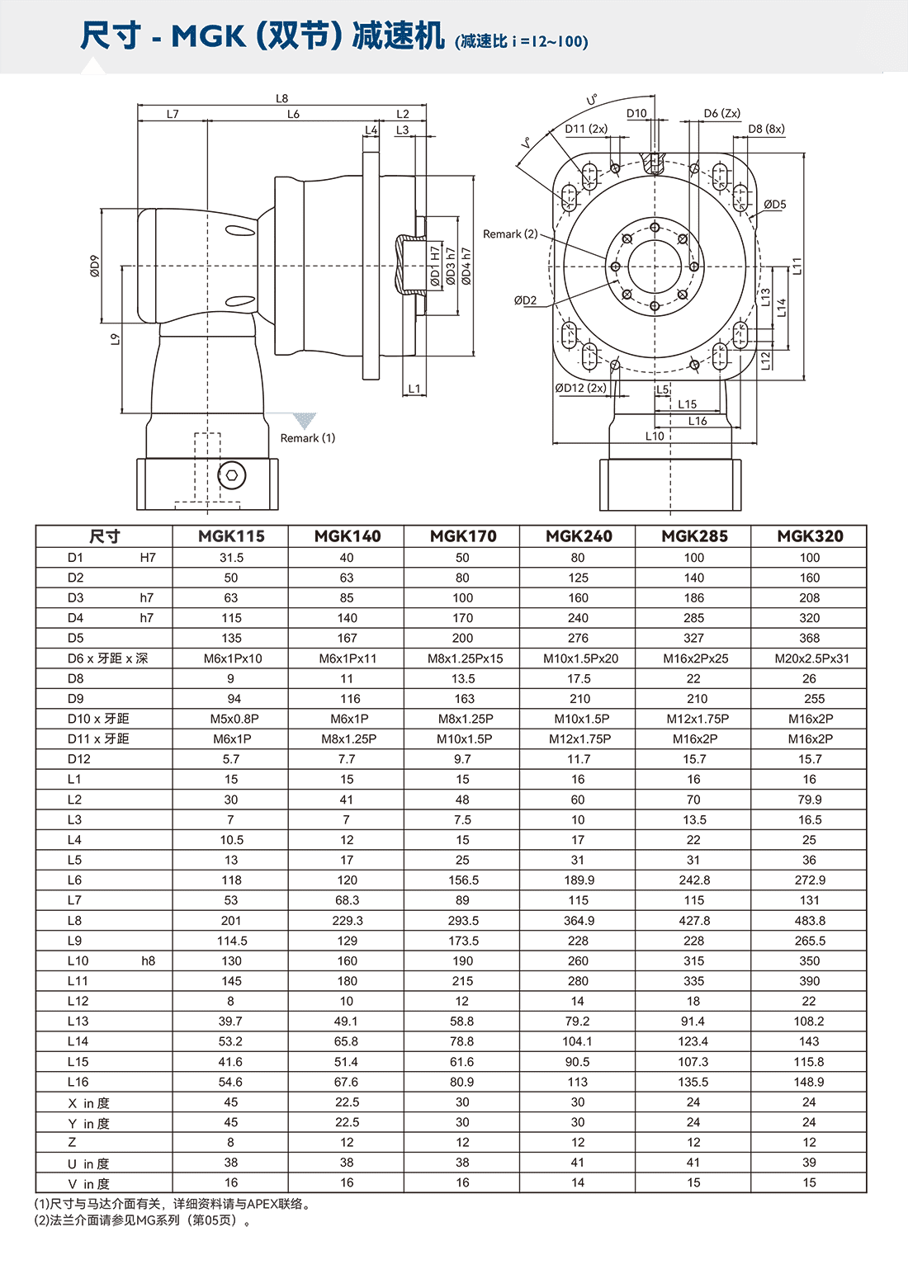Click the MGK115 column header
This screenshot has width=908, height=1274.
(231, 536)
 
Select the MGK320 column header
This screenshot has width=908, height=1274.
(810, 536)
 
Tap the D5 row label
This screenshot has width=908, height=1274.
(75, 638)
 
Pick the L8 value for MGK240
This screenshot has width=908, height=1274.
(578, 921)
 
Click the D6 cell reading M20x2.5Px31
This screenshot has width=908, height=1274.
(811, 658)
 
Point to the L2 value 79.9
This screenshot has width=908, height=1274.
(810, 800)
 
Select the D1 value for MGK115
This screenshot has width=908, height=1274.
(231, 558)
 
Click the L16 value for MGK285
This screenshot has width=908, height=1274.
(693, 1082)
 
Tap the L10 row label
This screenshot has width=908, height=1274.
(78, 960)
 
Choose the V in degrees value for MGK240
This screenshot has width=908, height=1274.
(578, 1182)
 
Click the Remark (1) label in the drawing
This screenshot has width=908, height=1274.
(307, 438)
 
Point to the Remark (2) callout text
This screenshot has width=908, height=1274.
(509, 234)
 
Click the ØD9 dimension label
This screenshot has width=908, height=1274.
(95, 266)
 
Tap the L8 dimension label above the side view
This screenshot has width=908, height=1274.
(281, 99)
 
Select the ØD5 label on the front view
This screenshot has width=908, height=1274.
(774, 205)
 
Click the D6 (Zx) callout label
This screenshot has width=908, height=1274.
(721, 114)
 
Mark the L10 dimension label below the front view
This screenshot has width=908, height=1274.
(654, 436)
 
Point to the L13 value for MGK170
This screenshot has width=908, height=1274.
(462, 1022)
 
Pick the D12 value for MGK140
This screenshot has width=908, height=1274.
(347, 759)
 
